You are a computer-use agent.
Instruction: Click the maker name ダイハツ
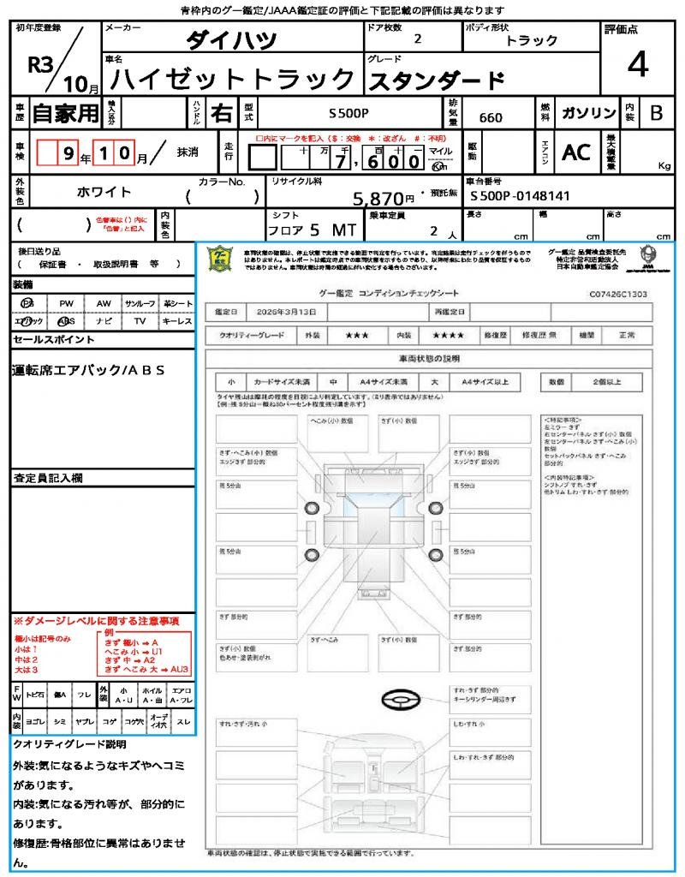pos(231,40)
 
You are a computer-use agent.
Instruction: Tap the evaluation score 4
pos(637,64)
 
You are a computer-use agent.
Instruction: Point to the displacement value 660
pos(491,118)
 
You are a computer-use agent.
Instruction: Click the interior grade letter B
pos(656,113)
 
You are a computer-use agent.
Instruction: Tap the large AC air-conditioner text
pos(576,152)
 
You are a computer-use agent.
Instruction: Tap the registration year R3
pos(41,66)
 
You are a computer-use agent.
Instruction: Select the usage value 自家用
pos(65,113)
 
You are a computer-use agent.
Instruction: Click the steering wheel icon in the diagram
pos(400,700)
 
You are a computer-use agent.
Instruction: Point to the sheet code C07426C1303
pos(618,294)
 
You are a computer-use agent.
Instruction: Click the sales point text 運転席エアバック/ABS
pos(88,370)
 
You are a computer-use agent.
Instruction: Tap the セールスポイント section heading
pos(54,340)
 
